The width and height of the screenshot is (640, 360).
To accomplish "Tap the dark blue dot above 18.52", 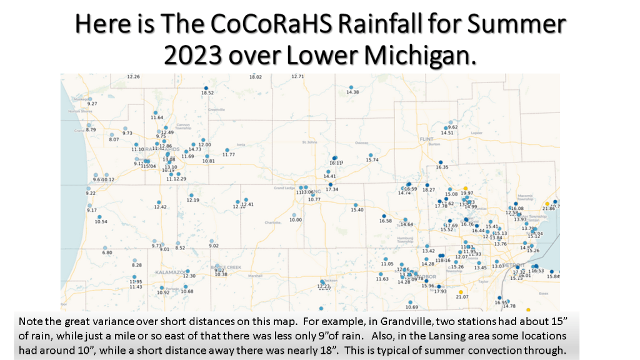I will coord(206,87).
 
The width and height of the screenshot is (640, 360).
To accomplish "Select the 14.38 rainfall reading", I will coord(352,92).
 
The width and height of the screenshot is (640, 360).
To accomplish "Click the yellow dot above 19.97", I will coord(465,187).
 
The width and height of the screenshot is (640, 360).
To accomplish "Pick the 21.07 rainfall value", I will coord(462,297).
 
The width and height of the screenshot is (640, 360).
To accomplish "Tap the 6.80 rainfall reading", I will coord(107,252).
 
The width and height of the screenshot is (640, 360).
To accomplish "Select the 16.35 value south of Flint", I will coord(442,167).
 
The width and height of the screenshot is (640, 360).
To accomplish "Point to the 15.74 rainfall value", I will coord(372,160).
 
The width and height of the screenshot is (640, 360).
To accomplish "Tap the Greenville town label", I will coord(216,109).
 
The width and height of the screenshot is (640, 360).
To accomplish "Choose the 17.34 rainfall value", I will coord(332,189).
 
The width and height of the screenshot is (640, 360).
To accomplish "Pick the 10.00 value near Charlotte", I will coord(295,220).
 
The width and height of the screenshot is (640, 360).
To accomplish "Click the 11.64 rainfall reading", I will coord(157,117).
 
